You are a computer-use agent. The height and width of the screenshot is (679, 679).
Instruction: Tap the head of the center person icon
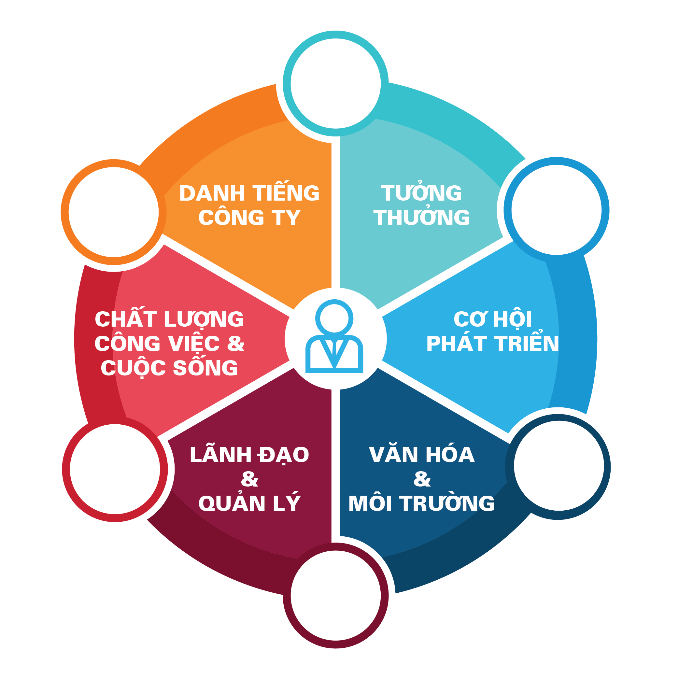click(334, 318)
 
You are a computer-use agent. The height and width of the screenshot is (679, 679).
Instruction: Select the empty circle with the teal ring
click(336, 84)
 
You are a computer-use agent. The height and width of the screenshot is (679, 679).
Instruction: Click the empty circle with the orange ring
click(114, 212)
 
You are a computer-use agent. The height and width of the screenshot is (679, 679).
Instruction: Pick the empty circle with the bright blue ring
click(556, 210)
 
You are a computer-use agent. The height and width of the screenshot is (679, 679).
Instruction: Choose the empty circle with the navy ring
click(559, 466)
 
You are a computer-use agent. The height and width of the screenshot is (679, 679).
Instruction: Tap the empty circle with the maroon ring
click(336, 595)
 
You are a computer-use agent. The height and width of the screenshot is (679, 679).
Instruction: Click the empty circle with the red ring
click(115, 469)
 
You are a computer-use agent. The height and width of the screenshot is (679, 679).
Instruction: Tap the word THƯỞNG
click(421, 217)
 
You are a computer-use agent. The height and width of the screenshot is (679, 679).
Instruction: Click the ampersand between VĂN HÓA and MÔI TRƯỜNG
click(422, 479)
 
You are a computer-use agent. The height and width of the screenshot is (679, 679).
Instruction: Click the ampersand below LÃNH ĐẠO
click(249, 479)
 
